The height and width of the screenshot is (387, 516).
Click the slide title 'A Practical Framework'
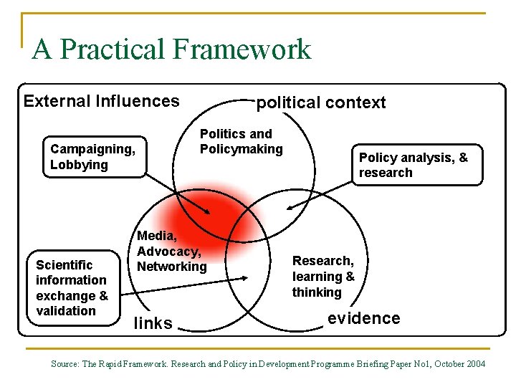point(171,49)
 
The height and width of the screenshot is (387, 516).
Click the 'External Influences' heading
point(101,101)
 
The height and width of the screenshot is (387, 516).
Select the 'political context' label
point(321,102)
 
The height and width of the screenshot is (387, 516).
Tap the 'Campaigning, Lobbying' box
point(93,156)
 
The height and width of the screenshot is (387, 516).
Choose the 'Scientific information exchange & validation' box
point(72,287)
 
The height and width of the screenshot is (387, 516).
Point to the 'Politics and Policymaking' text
point(241,141)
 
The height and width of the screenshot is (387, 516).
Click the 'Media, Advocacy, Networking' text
point(172,251)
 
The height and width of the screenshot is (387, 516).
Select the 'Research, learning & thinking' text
point(323,277)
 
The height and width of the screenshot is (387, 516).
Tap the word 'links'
point(153,323)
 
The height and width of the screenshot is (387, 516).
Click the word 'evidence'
point(363,318)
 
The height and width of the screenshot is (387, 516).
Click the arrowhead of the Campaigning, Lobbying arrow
point(209,212)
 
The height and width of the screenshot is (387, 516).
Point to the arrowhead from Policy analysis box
point(288,209)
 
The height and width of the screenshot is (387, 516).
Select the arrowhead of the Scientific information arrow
point(246,278)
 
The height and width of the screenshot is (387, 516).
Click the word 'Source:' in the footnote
point(65,364)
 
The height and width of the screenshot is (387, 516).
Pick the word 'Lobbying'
point(79,165)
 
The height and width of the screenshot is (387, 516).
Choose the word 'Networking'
point(172,267)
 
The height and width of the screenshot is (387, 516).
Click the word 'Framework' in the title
point(242,49)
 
